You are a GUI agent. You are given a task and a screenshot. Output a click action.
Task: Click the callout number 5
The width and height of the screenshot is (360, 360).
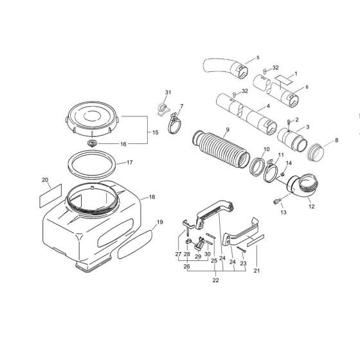tap(257, 58)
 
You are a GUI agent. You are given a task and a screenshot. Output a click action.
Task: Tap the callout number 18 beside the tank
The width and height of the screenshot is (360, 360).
tap(152, 197)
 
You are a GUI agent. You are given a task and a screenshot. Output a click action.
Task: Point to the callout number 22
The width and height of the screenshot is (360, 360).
tap(215, 280)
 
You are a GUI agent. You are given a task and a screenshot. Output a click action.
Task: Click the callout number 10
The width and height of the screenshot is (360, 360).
tap(265, 150)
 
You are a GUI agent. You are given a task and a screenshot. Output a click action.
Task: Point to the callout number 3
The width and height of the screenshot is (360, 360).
tap(307, 127)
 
